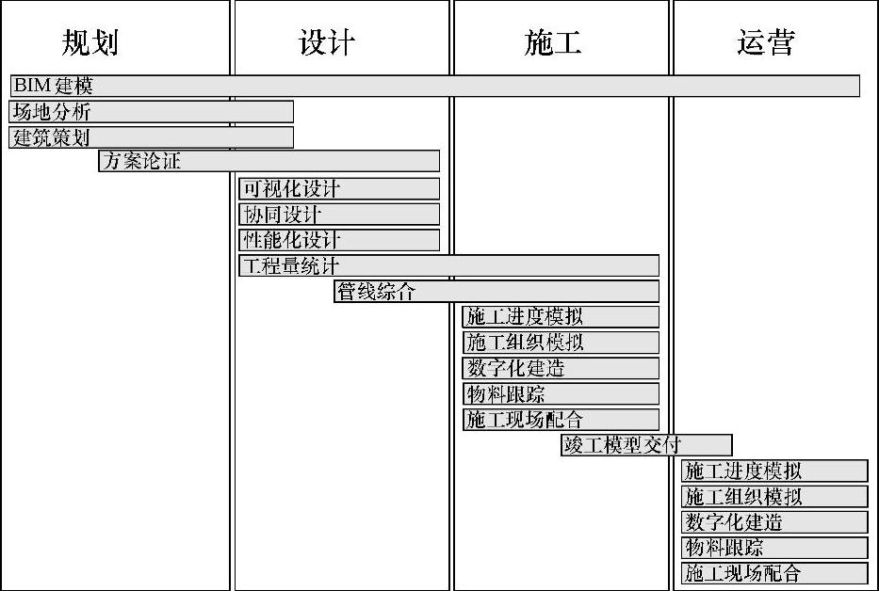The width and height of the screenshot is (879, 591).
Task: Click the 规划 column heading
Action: point(90,42)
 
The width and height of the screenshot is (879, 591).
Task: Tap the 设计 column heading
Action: point(327,42)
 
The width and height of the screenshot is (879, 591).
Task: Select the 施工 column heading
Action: point(552,42)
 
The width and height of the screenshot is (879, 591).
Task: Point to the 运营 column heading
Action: point(766,42)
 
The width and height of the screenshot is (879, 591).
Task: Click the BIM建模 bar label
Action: point(54,86)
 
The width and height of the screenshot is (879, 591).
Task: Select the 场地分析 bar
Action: point(152,112)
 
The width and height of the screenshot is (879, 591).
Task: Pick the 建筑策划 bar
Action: point(152,137)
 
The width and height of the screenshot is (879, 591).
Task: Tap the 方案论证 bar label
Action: point(141,161)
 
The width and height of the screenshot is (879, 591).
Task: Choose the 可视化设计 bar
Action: point(339,189)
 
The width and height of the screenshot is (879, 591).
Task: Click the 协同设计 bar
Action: point(339,215)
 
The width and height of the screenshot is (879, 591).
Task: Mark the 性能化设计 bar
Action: point(339,240)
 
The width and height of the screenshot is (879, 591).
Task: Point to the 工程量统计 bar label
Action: point(289,266)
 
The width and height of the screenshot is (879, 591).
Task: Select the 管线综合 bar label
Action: point(376,292)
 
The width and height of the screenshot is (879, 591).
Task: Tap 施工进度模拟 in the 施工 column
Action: point(561,317)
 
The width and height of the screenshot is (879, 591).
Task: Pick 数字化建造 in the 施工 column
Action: point(561,368)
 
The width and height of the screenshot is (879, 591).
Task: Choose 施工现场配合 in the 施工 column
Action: point(561,420)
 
